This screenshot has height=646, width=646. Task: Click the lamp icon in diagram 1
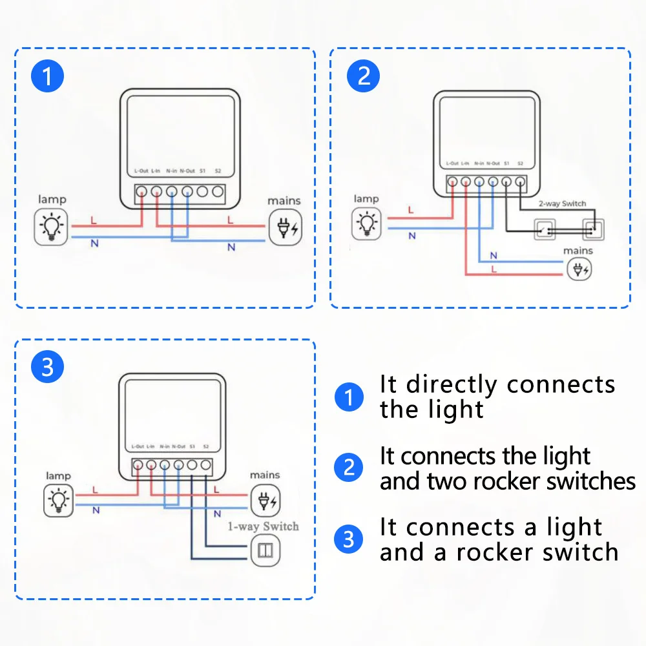(51, 227)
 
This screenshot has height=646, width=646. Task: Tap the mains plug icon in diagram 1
(284, 227)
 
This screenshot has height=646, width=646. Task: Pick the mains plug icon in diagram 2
(578, 269)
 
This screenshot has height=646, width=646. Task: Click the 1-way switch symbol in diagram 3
(265, 550)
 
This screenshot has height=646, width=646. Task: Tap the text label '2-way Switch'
(563, 203)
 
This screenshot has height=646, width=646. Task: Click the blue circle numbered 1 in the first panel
(48, 77)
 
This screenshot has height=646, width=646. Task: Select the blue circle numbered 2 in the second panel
(364, 76)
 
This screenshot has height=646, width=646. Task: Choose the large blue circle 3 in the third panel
(48, 368)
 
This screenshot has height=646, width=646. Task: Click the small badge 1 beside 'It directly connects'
(349, 396)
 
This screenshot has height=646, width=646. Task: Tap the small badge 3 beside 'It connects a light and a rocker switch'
(349, 539)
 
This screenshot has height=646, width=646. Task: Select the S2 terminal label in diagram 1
(218, 171)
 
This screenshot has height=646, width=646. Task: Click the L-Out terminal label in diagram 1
(141, 171)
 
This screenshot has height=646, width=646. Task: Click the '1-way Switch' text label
(264, 526)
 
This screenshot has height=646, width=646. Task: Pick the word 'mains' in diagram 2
(578, 251)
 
